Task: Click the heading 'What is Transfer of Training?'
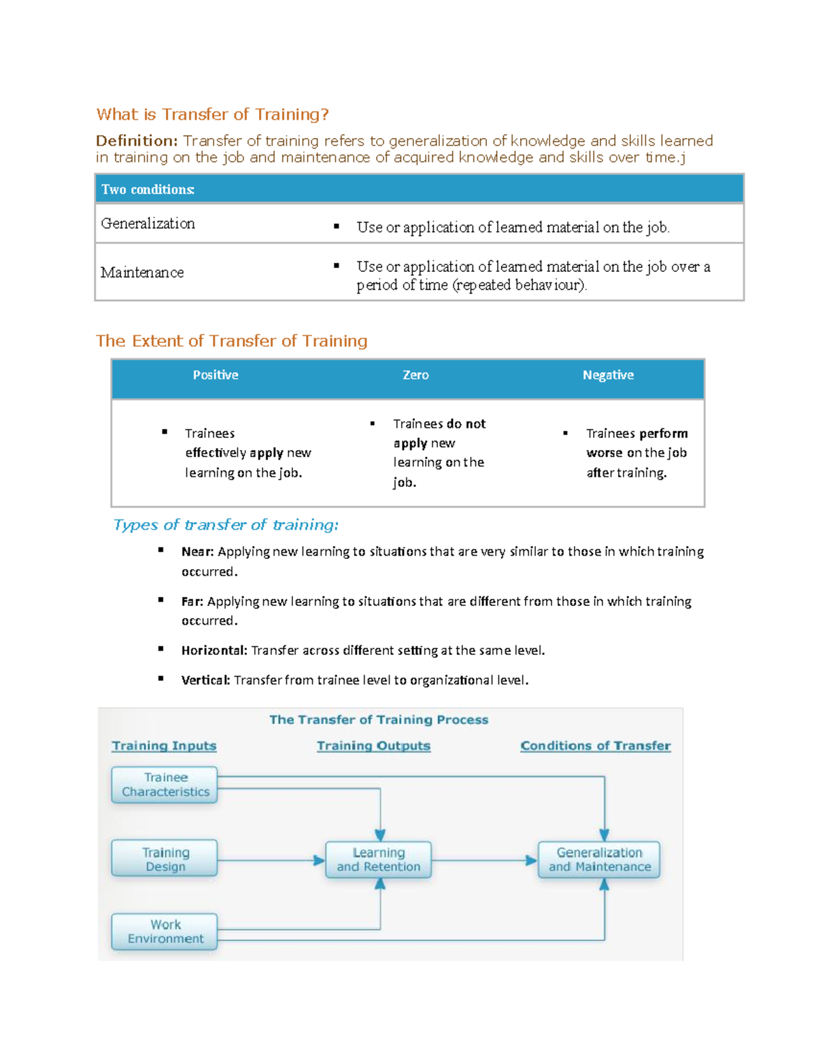click(x=212, y=114)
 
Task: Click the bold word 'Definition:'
click(x=137, y=141)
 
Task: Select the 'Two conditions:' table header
click(x=148, y=190)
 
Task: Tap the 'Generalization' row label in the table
click(x=148, y=224)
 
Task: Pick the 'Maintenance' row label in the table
click(x=142, y=273)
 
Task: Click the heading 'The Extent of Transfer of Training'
click(x=231, y=341)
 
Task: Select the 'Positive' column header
click(x=216, y=375)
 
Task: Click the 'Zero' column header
click(x=415, y=375)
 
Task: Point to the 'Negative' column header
click(x=608, y=375)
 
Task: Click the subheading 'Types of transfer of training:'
click(x=226, y=525)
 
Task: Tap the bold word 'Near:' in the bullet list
click(x=197, y=551)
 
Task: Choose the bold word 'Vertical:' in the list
click(x=205, y=680)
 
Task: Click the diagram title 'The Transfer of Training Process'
click(x=379, y=719)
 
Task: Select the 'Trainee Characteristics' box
click(x=165, y=785)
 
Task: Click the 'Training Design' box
click(x=165, y=859)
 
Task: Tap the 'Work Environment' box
click(x=165, y=932)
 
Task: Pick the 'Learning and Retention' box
click(x=378, y=859)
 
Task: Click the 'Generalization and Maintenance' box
click(x=599, y=859)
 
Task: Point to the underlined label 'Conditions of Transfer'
click(x=595, y=746)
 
